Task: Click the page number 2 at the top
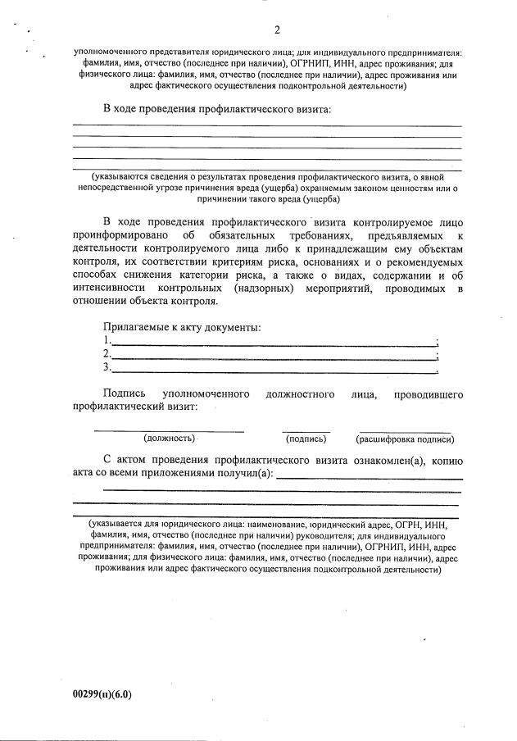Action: (277, 31)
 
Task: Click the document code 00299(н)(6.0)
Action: (102, 694)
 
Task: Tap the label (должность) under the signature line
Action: (169, 439)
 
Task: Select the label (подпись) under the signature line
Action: (306, 439)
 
